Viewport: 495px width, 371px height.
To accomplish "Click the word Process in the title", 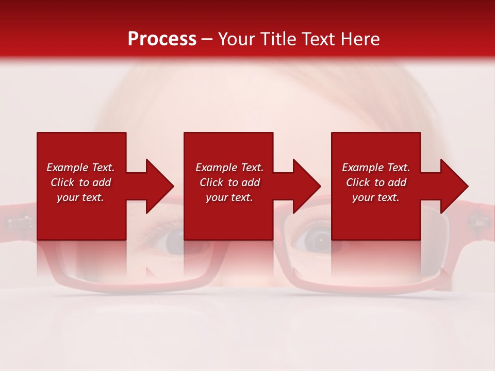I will click(162, 39).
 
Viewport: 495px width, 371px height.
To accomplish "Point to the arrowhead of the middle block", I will click(306, 186).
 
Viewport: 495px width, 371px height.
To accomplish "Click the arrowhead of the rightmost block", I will click(453, 186).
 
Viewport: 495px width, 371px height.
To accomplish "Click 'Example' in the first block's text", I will click(68, 167).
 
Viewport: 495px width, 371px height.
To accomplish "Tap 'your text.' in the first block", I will click(80, 197).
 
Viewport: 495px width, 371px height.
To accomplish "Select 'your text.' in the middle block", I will click(229, 197).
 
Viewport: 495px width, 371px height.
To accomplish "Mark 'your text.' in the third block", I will click(376, 197).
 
